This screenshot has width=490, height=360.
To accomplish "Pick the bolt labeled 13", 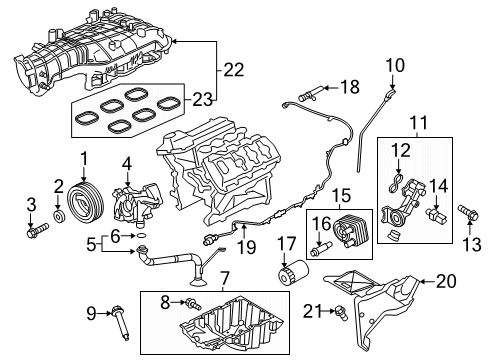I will (x=465, y=214).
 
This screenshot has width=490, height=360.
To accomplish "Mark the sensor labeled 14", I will (x=437, y=214).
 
